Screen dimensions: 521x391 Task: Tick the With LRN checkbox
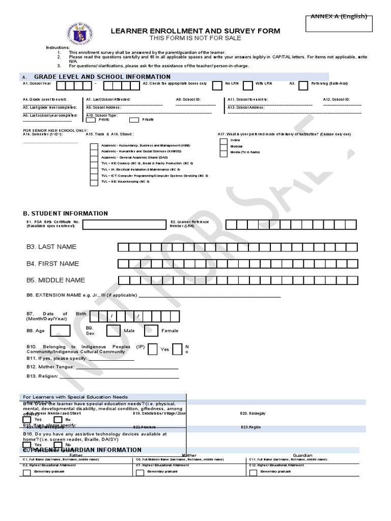pos(248,85)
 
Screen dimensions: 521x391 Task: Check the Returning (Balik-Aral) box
pos(302,85)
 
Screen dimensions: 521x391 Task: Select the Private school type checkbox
pos(134,120)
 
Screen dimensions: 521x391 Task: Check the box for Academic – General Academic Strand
pos(94,158)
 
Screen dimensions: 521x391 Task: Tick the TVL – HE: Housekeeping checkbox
pos(94,182)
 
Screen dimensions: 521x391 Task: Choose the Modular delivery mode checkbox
pos(223,146)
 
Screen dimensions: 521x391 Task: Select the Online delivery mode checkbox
pos(223,140)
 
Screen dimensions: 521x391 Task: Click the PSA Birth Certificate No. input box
pos(124,225)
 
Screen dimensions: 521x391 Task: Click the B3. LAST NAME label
pos(51,247)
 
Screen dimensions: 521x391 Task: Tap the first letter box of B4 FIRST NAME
pos(123,264)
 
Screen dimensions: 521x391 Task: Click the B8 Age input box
pos(61,331)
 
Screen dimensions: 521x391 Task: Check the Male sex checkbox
pos(113,331)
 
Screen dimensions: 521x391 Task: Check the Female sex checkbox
pos(151,331)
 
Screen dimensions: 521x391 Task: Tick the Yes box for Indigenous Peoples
pos(152,350)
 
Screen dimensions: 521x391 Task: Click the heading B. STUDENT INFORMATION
pos(65,214)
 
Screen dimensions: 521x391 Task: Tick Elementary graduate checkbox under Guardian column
pos(253,473)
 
